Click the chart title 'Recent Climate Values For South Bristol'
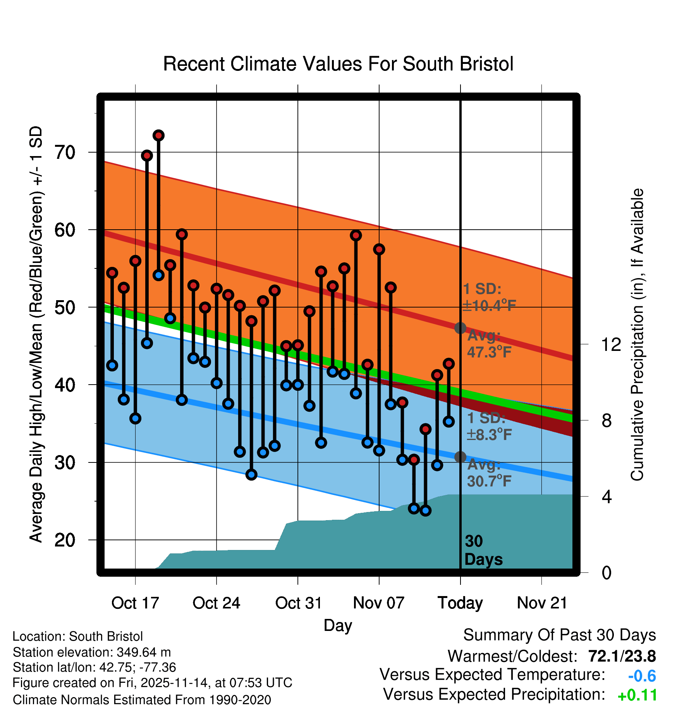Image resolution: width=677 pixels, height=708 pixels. click(x=338, y=64)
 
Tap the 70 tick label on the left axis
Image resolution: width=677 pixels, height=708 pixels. click(x=65, y=153)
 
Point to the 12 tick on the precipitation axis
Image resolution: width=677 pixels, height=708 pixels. click(x=611, y=344)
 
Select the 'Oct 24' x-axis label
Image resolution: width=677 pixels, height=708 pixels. click(x=216, y=603)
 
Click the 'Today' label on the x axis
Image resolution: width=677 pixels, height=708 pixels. click(x=460, y=603)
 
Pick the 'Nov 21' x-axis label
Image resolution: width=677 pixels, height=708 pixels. click(x=542, y=603)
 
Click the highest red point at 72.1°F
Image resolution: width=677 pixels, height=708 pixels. click(x=158, y=136)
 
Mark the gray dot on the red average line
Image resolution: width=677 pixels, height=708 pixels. click(x=460, y=328)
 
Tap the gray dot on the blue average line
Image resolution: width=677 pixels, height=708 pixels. click(x=460, y=457)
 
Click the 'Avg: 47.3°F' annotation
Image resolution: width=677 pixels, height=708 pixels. click(x=489, y=344)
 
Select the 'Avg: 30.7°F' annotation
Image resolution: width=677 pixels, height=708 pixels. click(x=489, y=473)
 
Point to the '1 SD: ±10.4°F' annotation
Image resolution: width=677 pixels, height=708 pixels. click(x=489, y=297)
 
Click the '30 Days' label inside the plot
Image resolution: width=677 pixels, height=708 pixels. click(x=483, y=550)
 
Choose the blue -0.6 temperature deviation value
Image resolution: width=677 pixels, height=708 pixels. click(x=642, y=676)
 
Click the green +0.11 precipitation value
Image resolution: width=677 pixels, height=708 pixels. click(x=637, y=695)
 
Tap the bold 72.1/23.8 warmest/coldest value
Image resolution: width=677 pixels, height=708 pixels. click(x=622, y=656)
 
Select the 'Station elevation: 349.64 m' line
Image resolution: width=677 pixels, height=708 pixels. click(x=92, y=652)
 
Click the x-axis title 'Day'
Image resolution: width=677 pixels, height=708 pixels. click(x=338, y=625)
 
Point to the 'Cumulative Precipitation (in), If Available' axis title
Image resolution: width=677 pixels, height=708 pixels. click(x=637, y=335)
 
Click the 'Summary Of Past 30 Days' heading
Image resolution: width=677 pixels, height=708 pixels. click(x=559, y=635)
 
